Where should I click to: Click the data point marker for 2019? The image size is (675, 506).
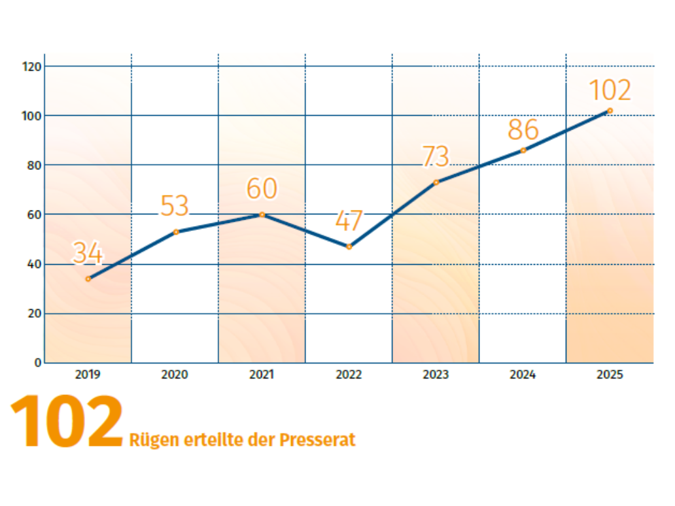[88, 278]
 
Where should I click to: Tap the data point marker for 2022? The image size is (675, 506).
[349, 246]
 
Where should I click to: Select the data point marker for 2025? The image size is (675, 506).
[610, 110]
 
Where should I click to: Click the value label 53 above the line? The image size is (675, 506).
[175, 206]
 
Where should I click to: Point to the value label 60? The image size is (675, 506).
[262, 188]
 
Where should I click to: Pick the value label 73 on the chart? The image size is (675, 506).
[436, 157]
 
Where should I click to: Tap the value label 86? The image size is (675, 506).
[523, 130]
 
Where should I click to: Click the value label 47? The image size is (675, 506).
[349, 221]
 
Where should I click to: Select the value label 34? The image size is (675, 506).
[88, 252]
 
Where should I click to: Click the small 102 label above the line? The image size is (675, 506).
[610, 90]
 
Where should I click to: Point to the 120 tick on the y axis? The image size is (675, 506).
[32, 67]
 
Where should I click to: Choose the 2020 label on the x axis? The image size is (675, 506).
[175, 375]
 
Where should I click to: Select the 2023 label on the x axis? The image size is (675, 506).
[436, 375]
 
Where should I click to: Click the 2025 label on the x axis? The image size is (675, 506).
[610, 375]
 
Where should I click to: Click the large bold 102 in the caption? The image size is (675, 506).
[67, 422]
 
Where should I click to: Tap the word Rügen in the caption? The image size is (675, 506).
[153, 440]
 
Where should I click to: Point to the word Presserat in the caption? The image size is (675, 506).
[317, 440]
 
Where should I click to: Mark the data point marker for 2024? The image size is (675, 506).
[523, 150]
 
